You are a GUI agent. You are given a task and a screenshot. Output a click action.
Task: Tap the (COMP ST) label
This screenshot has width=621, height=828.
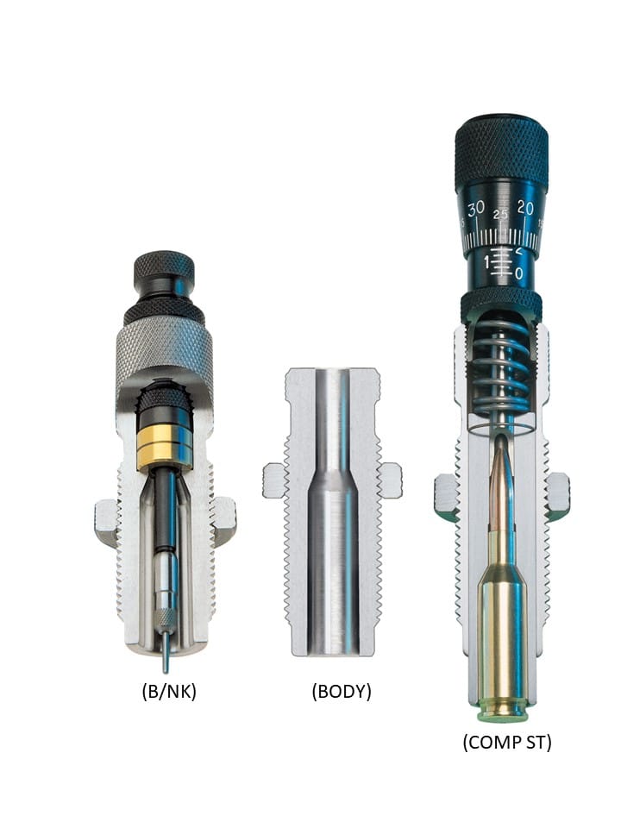click(x=507, y=742)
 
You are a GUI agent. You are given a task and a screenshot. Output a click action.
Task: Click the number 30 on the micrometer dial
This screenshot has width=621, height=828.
click(x=475, y=209)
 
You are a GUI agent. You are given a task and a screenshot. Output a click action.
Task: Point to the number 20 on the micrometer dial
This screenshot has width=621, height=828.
click(x=525, y=208)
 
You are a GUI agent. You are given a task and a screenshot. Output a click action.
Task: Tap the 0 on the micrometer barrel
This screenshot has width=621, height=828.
click(x=518, y=273)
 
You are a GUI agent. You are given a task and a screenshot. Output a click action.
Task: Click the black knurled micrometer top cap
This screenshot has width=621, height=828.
click(x=501, y=147)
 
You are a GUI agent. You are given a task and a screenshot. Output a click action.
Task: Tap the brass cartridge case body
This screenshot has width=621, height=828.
click(x=503, y=630)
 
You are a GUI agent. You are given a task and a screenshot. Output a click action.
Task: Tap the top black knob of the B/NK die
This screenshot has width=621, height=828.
click(x=164, y=272)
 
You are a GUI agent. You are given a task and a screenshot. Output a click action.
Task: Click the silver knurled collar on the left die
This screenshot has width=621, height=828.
click(x=164, y=349)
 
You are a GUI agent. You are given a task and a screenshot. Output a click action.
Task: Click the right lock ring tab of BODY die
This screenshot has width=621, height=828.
click(x=390, y=480)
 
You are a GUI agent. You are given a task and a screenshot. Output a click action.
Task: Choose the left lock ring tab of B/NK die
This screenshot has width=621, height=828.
click(x=107, y=521)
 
